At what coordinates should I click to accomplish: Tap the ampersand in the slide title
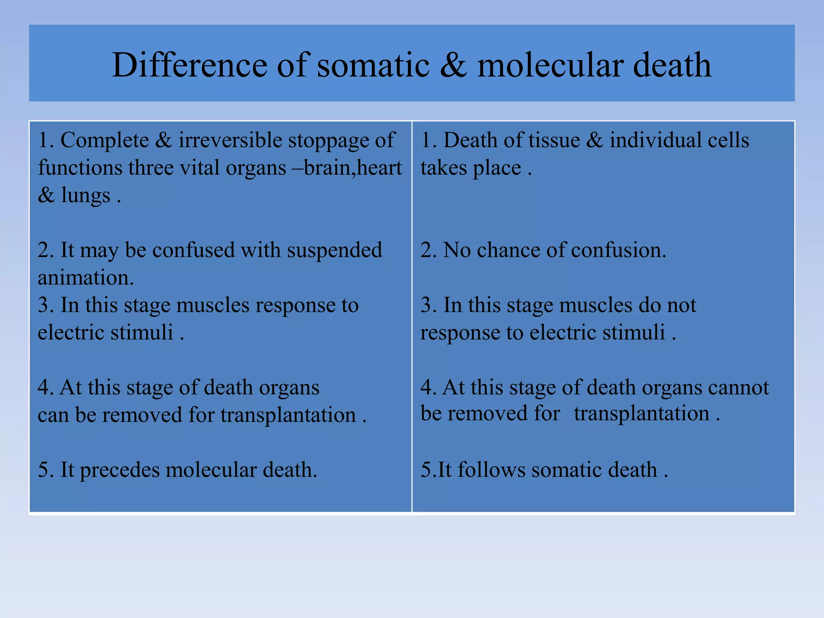453,65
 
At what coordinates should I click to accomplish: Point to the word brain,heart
353,168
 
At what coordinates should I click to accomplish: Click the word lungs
85,196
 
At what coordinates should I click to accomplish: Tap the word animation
85,278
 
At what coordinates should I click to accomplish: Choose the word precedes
119,470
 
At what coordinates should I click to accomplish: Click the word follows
491,470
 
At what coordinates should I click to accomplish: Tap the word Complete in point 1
105,140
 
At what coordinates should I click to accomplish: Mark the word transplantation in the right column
641,414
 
